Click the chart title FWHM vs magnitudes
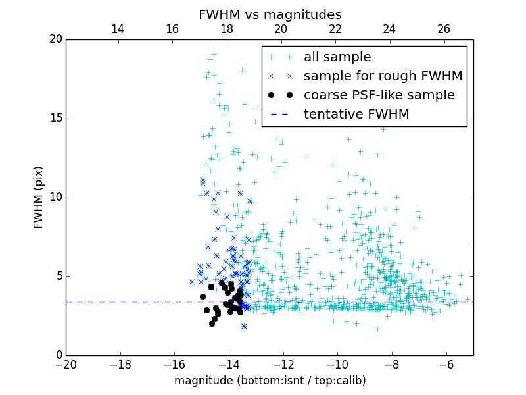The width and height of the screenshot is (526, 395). (x=270, y=14)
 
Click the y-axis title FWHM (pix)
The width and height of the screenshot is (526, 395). (x=39, y=197)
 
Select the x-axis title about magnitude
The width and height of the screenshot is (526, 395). (x=270, y=381)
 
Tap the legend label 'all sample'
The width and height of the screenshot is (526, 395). (x=337, y=57)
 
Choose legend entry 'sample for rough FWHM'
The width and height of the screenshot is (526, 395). (x=383, y=76)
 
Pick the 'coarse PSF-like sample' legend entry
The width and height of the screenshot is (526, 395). (x=379, y=95)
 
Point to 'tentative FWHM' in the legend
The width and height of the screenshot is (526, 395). (x=356, y=115)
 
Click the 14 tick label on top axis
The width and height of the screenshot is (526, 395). (x=118, y=29)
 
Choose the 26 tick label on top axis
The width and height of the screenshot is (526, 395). (x=444, y=29)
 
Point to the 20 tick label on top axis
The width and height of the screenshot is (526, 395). (x=281, y=29)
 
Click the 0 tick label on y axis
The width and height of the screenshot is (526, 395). (x=58, y=355)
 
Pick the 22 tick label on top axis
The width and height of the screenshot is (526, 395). (x=335, y=29)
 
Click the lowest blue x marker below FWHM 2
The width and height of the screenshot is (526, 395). (x=244, y=326)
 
